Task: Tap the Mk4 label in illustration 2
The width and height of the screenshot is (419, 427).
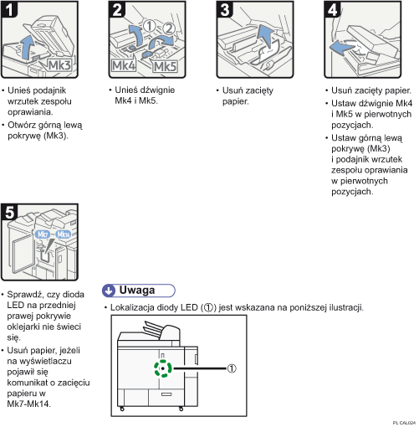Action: [x=124, y=64]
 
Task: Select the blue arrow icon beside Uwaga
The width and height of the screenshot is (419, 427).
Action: [x=109, y=290]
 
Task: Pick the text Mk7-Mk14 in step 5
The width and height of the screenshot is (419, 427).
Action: [x=28, y=404]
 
